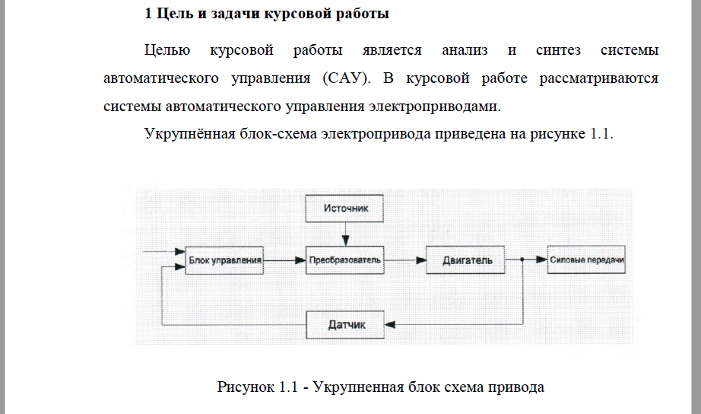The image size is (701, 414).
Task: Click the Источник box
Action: (x=345, y=208)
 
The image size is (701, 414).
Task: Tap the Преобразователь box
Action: (x=345, y=260)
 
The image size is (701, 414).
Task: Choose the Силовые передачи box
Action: (x=585, y=260)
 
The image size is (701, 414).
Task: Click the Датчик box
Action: (x=346, y=325)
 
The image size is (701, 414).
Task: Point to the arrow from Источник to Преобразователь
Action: (x=345, y=233)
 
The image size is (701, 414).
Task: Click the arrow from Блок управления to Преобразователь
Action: (x=285, y=260)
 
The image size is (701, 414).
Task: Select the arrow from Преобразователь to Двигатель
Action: (x=405, y=260)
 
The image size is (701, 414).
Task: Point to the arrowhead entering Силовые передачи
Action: (x=543, y=260)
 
